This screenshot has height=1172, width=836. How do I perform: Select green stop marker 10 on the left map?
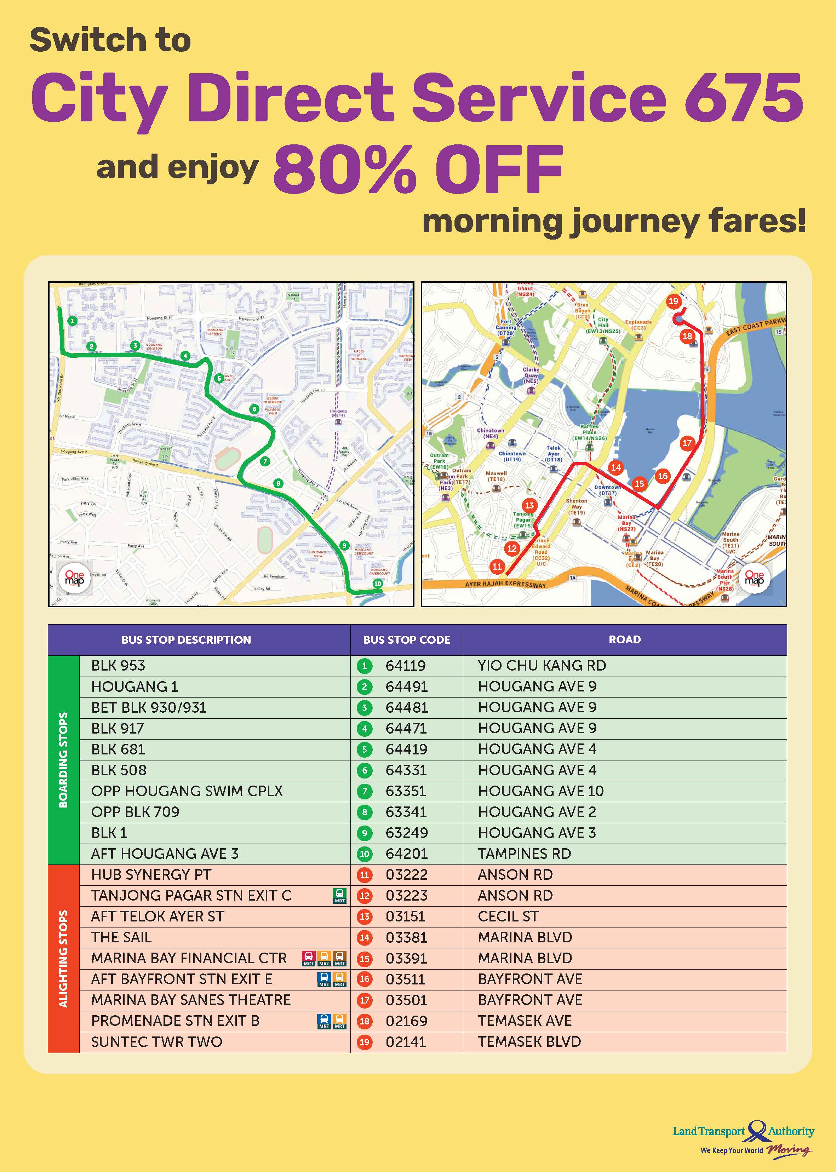coord(378,584)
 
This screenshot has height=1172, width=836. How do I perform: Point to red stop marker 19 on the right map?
coord(673,301)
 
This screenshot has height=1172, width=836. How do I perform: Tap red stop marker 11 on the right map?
coord(497,566)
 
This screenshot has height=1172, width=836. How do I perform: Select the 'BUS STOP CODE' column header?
coord(406,640)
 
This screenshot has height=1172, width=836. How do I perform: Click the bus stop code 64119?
coord(406,666)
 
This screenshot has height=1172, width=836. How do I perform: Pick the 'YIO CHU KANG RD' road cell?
coord(542,666)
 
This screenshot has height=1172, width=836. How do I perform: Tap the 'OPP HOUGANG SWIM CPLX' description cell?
coord(187,791)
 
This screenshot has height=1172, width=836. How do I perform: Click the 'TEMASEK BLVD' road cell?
coord(529,1042)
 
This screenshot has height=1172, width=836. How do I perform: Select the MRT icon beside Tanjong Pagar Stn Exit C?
coord(340,896)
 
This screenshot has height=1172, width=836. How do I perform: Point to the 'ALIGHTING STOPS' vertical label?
coord(63,958)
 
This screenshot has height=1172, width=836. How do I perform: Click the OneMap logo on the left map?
coord(75,579)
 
